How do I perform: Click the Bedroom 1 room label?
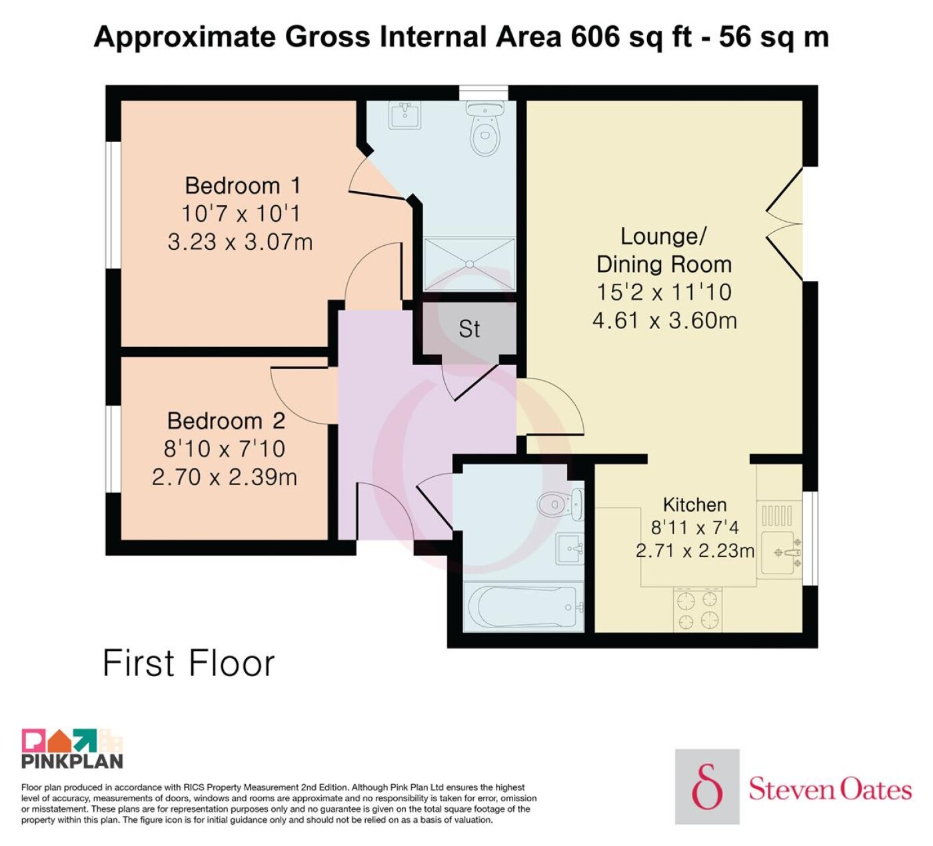(243, 186)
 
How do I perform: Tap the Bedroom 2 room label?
(226, 422)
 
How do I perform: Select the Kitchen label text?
(695, 505)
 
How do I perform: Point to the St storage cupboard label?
(468, 329)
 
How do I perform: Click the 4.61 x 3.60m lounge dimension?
(664, 321)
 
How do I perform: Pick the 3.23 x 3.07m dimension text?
(240, 242)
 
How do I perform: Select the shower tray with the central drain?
(469, 264)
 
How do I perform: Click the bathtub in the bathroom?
(524, 607)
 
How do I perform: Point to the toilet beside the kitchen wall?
(560, 504)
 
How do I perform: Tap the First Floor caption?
(189, 663)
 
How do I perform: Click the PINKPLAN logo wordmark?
(73, 761)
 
